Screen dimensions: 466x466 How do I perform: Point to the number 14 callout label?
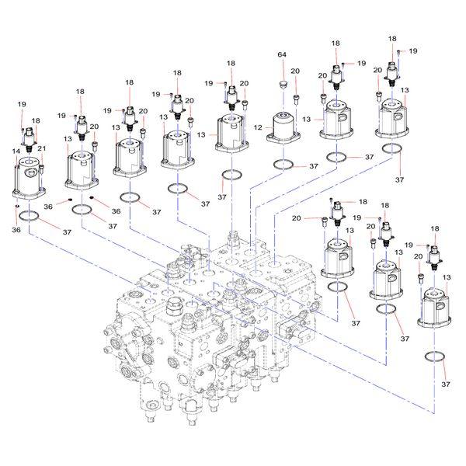click(x=16, y=150)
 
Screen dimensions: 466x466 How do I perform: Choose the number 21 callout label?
click(x=43, y=148)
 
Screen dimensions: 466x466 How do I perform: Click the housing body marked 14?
click(x=30, y=179)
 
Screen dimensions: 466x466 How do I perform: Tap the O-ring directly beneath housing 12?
click(x=284, y=164)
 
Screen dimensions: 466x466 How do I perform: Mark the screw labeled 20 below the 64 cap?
click(x=296, y=96)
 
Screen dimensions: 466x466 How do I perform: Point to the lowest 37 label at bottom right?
click(x=446, y=384)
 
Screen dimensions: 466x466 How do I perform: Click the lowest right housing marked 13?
click(x=437, y=308)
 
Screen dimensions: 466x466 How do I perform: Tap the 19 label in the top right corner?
click(x=413, y=50)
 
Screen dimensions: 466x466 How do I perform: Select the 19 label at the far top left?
click(x=21, y=103)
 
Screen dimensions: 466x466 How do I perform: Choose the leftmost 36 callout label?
click(x=16, y=229)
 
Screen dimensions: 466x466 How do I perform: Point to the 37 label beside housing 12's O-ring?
click(x=313, y=166)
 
